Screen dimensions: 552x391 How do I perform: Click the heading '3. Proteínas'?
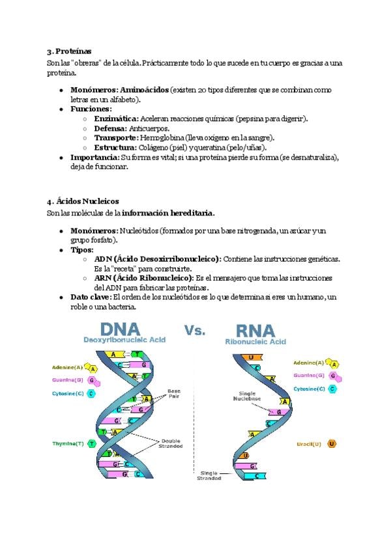click(x=69, y=51)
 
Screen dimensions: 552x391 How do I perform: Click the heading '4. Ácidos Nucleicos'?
click(x=83, y=201)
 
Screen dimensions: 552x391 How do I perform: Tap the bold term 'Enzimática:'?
click(x=116, y=119)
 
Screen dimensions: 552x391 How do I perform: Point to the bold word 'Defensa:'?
click(x=111, y=128)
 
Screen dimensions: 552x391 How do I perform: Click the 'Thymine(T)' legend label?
click(x=68, y=443)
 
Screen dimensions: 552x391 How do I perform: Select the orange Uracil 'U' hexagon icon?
click(x=332, y=443)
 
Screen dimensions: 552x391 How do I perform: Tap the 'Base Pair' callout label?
click(x=174, y=394)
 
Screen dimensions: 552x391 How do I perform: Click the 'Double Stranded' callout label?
click(x=171, y=443)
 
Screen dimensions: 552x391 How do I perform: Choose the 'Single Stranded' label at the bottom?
click(x=209, y=475)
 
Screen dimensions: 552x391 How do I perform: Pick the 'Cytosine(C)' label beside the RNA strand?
click(x=309, y=389)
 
